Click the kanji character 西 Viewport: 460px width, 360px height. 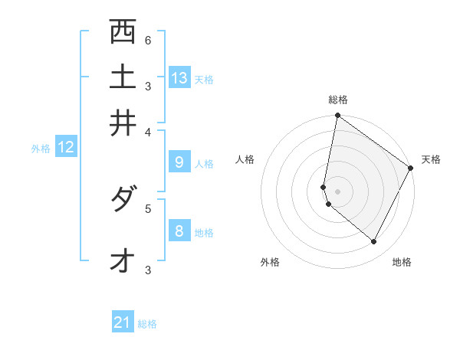click(123, 32)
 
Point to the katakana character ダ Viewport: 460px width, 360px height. click(123, 201)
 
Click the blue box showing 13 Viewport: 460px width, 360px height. click(179, 78)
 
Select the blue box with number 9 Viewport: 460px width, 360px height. click(179, 162)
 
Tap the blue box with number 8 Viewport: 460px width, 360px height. click(179, 231)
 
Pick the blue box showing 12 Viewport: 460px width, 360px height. click(66, 147)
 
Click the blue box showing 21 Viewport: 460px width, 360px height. click(123, 322)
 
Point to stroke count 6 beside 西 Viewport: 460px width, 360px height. click(147, 40)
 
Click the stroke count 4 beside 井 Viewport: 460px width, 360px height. click(147, 132)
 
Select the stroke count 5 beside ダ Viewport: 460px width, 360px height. click(147, 207)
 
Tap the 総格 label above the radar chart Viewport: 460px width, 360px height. click(338, 100)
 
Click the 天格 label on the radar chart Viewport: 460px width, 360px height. click(431, 159)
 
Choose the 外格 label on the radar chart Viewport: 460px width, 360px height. click(270, 262)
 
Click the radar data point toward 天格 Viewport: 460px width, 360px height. click(411, 169)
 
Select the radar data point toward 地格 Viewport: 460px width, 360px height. click(374, 242)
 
